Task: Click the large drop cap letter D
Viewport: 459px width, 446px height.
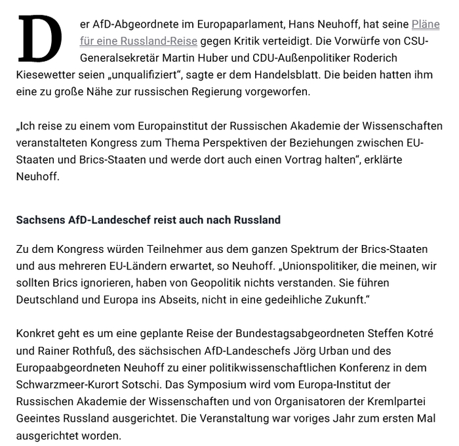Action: pyautogui.click(x=39, y=39)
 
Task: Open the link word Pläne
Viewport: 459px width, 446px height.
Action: pyautogui.click(x=426, y=24)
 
